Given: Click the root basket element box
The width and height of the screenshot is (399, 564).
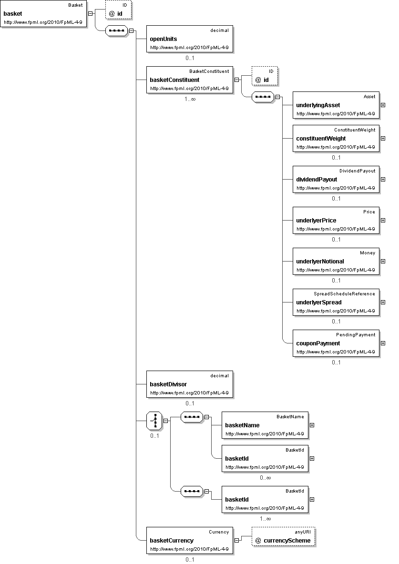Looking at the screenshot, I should pyautogui.click(x=44, y=14).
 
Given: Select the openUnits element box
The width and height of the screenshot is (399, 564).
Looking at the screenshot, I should pyautogui.click(x=190, y=39).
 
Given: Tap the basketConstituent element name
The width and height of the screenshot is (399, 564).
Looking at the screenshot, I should pyautogui.click(x=174, y=80).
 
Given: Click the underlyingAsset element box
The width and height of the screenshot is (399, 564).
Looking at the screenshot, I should pyautogui.click(x=336, y=105).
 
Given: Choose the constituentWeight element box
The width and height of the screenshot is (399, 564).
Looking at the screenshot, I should pyautogui.click(x=336, y=139).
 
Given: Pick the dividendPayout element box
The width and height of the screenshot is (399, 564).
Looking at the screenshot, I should pyautogui.click(x=336, y=180).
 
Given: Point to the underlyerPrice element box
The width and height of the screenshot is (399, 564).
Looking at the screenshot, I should pyautogui.click(x=336, y=221).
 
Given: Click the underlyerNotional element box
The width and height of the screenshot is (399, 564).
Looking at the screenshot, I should pyautogui.click(x=336, y=262).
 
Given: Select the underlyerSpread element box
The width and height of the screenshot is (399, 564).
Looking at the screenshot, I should pyautogui.click(x=336, y=302).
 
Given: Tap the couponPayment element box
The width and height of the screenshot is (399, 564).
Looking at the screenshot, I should pyautogui.click(x=336, y=343).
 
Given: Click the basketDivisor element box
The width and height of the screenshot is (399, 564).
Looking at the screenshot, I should pyautogui.click(x=190, y=384).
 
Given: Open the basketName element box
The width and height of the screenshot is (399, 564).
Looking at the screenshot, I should pyautogui.click(x=265, y=425).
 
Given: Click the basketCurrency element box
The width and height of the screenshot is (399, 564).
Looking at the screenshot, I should pyautogui.click(x=190, y=541).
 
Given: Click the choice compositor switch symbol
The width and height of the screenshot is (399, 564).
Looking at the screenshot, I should pyautogui.click(x=154, y=421).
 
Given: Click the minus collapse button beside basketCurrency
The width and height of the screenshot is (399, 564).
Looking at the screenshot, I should pyautogui.click(x=236, y=541).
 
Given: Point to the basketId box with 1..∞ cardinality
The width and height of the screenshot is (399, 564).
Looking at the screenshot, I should pyautogui.click(x=265, y=500).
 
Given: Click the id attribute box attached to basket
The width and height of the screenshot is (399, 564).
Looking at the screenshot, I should pyautogui.click(x=118, y=10).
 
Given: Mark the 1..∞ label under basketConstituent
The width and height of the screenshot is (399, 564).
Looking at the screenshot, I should pyautogui.click(x=190, y=100).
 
